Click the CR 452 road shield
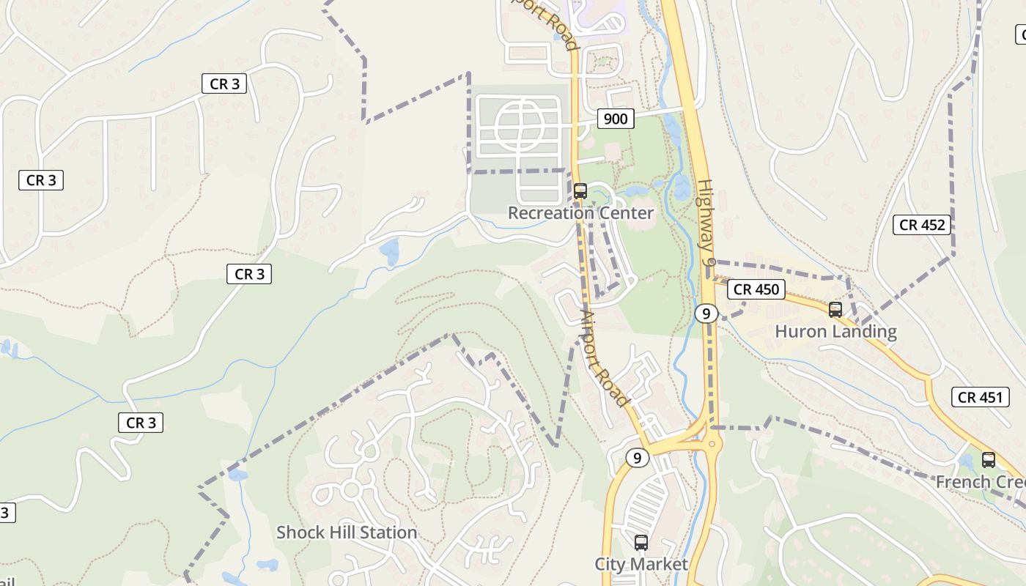(922, 225)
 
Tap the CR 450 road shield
(756, 289)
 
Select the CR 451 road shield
(980, 398)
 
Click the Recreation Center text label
(580, 213)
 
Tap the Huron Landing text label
(835, 332)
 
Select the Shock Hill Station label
(347, 533)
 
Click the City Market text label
(641, 564)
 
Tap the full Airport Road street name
(604, 358)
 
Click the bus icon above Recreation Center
(580, 191)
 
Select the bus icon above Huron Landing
(835, 310)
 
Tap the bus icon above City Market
(641, 543)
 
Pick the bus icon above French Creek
(989, 460)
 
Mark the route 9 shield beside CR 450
(705, 314)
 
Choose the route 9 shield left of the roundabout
(638, 458)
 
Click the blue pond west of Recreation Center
(389, 251)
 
